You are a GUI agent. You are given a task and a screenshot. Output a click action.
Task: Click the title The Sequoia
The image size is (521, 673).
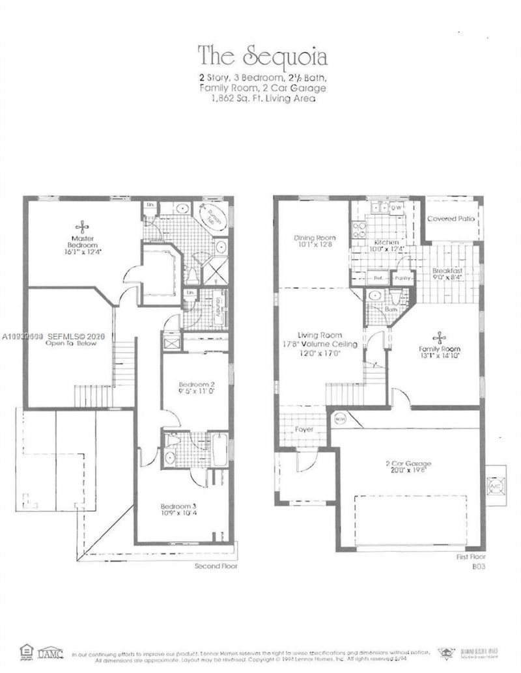(x=262, y=56)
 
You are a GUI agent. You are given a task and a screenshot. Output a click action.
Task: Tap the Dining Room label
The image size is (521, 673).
(x=315, y=241)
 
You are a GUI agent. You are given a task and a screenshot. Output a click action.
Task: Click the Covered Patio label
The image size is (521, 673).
(x=451, y=219)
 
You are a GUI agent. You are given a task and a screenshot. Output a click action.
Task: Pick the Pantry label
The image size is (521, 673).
(x=402, y=278)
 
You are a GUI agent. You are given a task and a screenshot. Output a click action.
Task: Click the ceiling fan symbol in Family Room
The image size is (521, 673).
(x=440, y=336)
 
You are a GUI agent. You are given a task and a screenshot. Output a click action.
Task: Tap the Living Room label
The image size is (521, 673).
(x=320, y=339)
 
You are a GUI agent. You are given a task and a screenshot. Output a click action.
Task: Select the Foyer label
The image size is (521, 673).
(x=303, y=430)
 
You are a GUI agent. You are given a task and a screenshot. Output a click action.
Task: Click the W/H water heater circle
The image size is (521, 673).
(x=339, y=419)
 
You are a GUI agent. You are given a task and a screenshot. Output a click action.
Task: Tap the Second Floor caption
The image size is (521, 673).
(x=216, y=566)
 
